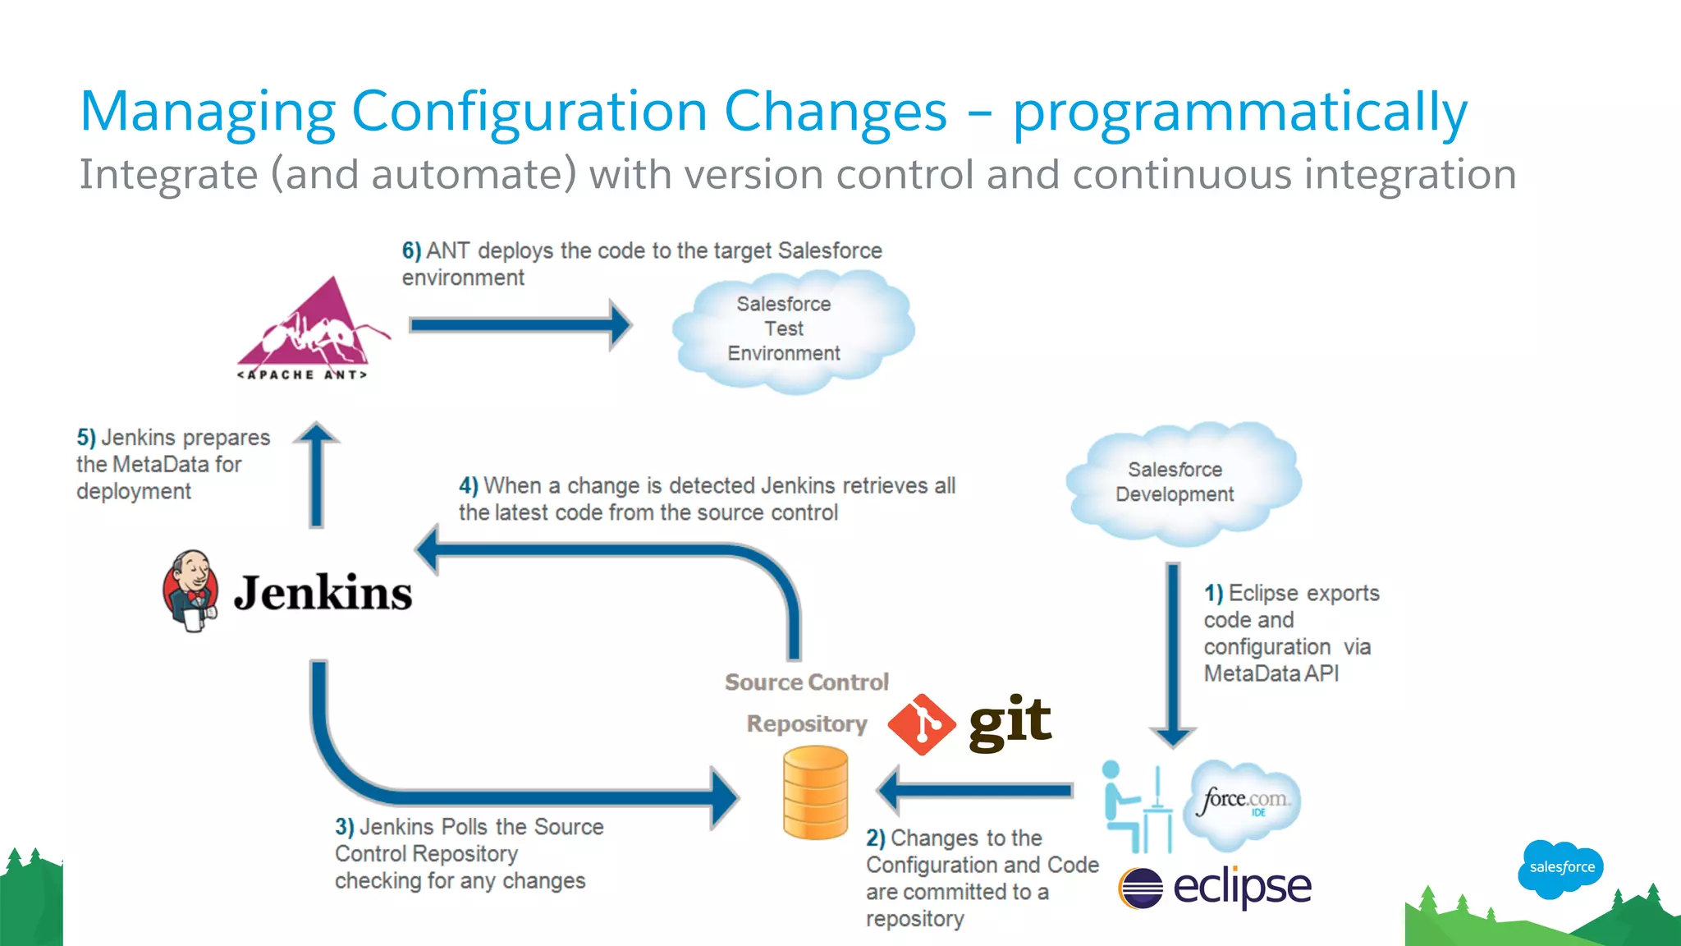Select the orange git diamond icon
[922, 724]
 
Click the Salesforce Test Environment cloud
[788, 331]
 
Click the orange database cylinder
[815, 792]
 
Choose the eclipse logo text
[1241, 887]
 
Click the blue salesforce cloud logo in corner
[1561, 867]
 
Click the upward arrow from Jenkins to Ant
[317, 476]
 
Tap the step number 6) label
[411, 250]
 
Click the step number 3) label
[344, 827]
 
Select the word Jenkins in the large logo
[323, 593]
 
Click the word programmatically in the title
[1239, 113]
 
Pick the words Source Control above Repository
[806, 682]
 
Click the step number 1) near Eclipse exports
[1213, 593]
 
